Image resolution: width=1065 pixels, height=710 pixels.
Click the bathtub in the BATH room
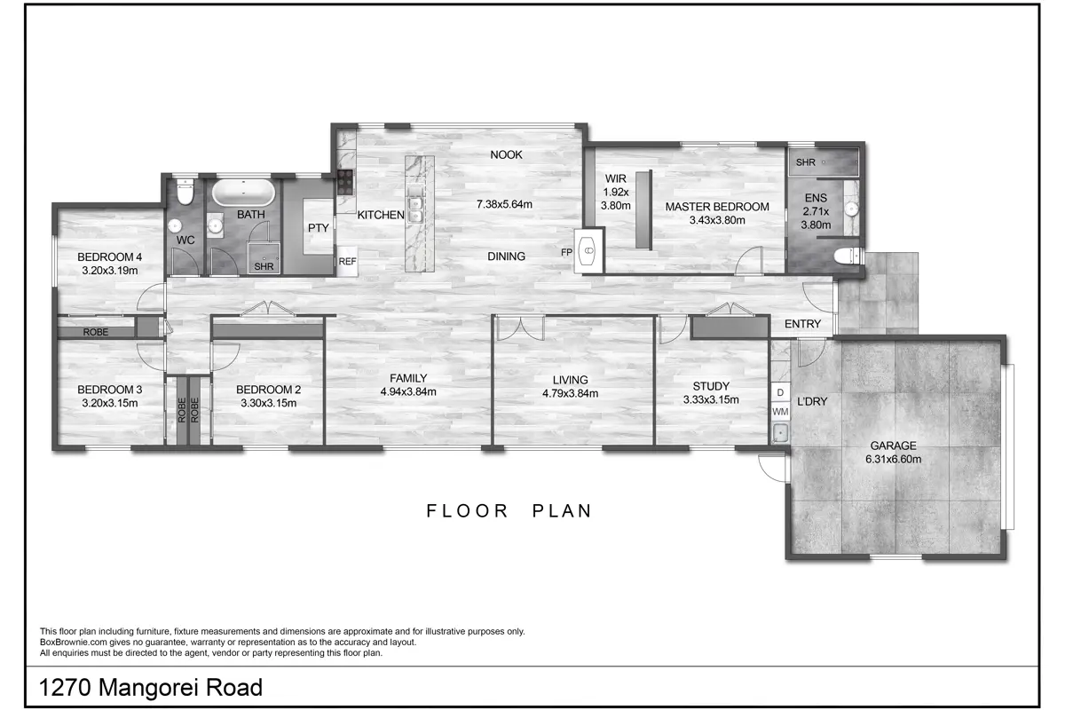pyautogui.click(x=243, y=193)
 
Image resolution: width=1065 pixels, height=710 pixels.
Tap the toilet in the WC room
pyautogui.click(x=185, y=191)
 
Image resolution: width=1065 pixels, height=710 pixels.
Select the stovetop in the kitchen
pyautogui.click(x=345, y=183)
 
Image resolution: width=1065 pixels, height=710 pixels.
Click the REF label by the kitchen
pyautogui.click(x=347, y=261)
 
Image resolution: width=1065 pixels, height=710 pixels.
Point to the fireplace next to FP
pyautogui.click(x=589, y=250)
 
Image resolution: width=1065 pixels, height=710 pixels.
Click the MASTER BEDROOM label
pyautogui.click(x=717, y=207)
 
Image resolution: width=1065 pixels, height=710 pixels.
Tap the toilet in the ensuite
pyautogui.click(x=848, y=256)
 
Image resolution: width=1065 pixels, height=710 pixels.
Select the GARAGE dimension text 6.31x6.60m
pyautogui.click(x=894, y=460)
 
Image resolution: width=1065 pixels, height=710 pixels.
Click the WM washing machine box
pyautogui.click(x=780, y=412)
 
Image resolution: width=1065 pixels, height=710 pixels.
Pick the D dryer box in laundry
pyautogui.click(x=780, y=393)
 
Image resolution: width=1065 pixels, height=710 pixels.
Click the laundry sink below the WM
pyautogui.click(x=780, y=433)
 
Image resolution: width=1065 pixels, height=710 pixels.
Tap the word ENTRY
pyautogui.click(x=802, y=324)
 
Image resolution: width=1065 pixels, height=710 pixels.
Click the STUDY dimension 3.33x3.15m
pyautogui.click(x=711, y=400)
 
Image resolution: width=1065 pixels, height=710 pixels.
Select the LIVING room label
pyautogui.click(x=570, y=380)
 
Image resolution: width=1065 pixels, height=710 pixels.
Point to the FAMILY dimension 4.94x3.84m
pyautogui.click(x=408, y=392)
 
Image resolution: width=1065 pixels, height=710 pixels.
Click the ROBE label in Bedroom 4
pyautogui.click(x=96, y=332)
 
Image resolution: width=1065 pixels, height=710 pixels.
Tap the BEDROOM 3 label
pyautogui.click(x=110, y=390)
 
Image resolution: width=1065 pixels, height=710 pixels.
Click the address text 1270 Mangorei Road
pyautogui.click(x=151, y=687)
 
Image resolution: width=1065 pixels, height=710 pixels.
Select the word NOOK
pyautogui.click(x=507, y=154)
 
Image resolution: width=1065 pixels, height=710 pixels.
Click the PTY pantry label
pyautogui.click(x=318, y=228)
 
